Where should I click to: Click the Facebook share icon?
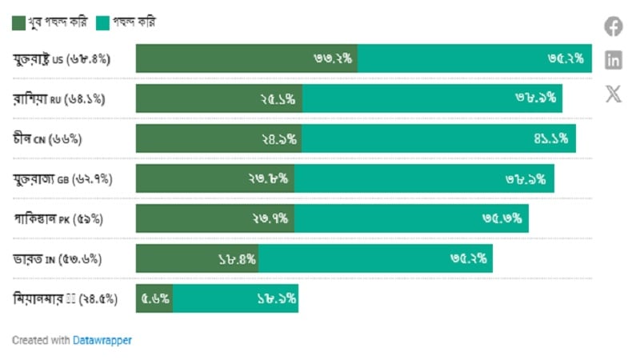[613, 26]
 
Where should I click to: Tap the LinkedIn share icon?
[613, 59]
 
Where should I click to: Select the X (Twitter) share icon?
[613, 94]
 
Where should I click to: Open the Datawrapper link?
[102, 340]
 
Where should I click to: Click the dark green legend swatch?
[18, 23]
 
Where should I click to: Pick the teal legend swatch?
[102, 23]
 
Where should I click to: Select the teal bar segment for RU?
[432, 98]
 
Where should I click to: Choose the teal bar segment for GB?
[424, 178]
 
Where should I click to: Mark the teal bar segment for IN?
[375, 258]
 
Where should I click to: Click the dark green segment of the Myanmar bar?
[154, 298]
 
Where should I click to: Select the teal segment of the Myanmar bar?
[236, 298]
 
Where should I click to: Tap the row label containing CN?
[48, 139]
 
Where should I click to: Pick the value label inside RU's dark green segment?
[278, 99]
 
